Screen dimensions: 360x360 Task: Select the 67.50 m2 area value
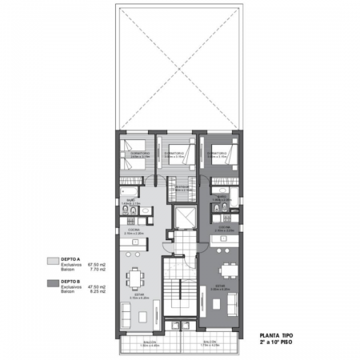tap(97, 266)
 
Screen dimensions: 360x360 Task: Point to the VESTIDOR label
tap(182, 188)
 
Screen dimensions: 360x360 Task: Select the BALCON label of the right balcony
tap(210, 342)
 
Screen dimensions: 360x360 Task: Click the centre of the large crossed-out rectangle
tap(181, 66)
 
